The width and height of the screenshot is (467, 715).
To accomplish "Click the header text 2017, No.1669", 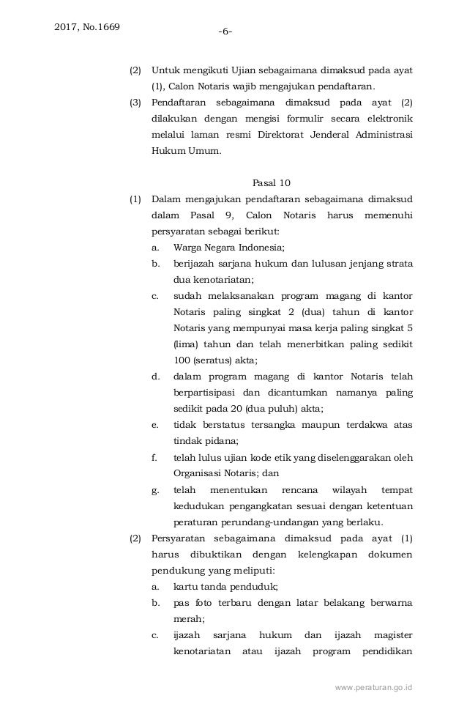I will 88,28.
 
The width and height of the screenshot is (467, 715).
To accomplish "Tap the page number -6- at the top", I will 226,32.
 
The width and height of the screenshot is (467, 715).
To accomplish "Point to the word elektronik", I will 387,118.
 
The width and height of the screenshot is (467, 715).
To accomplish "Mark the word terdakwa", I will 360,425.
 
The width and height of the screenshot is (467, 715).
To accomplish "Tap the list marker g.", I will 154,489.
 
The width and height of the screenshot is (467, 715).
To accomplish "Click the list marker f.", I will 154,457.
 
